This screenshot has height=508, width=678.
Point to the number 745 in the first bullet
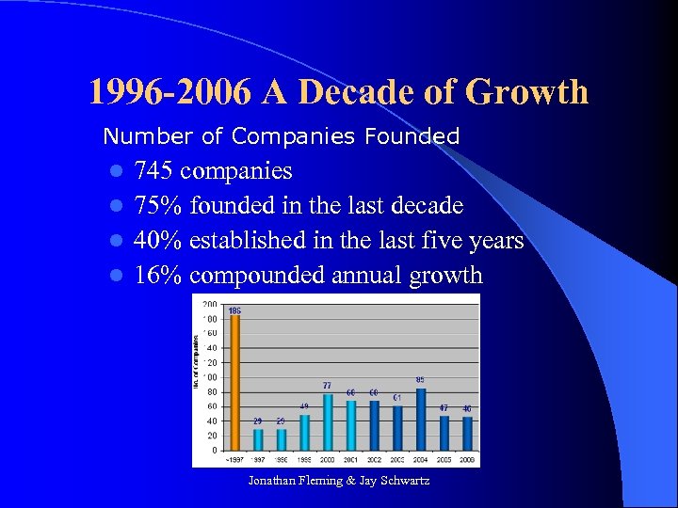point(153,171)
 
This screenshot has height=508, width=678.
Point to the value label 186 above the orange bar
point(234,310)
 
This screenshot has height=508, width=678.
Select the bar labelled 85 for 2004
point(420,420)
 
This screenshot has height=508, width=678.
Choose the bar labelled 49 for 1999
point(304,433)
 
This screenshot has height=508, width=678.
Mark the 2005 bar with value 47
point(444,434)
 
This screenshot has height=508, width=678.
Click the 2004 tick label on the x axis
point(420,458)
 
